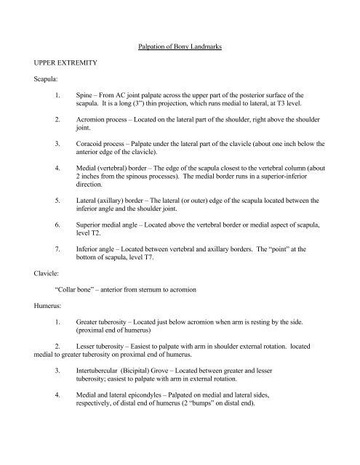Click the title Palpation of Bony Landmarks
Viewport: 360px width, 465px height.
180,48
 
